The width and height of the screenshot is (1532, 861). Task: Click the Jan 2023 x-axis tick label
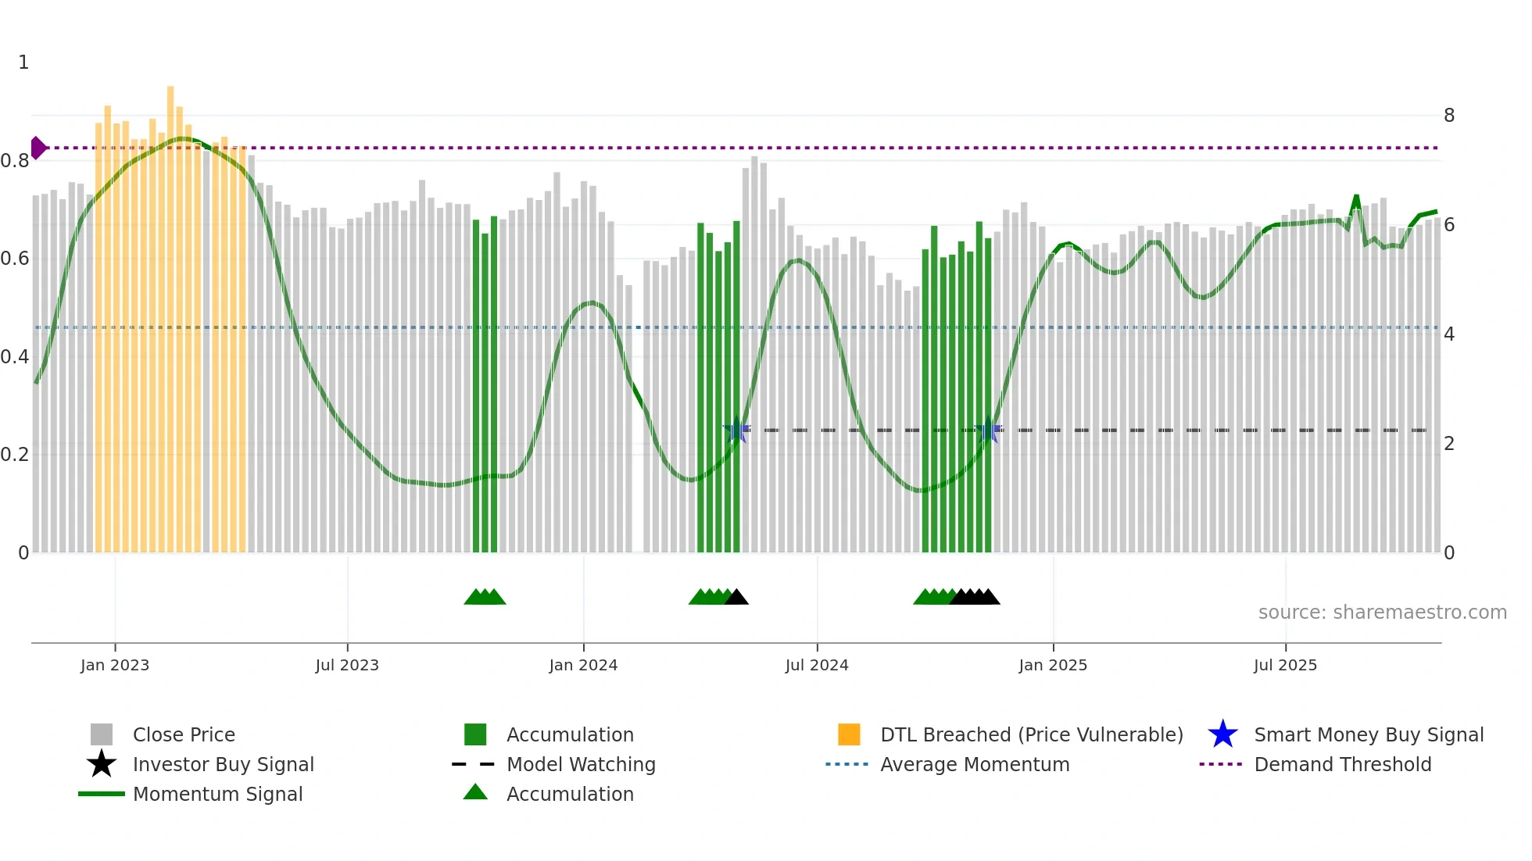[114, 665]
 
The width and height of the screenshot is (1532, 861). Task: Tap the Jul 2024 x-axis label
[816, 665]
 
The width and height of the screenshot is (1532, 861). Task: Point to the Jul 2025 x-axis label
[1285, 665]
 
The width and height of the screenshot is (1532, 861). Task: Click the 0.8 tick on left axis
[15, 161]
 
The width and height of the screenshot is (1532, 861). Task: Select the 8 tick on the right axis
[1448, 116]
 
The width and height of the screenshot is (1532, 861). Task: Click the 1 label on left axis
[23, 63]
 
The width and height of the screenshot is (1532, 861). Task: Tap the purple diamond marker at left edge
[38, 148]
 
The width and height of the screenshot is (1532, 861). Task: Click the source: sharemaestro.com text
[1382, 613]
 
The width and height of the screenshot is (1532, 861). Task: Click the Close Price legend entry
[183, 734]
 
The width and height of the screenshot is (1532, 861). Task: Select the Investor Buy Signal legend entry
[223, 764]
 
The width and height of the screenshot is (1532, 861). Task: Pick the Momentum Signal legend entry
[217, 794]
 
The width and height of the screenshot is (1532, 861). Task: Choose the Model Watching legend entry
[580, 764]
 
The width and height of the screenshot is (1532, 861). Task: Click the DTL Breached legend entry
[1031, 734]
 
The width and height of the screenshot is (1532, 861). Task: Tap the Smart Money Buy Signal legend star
[1222, 734]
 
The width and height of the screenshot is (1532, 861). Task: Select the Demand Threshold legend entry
[1342, 764]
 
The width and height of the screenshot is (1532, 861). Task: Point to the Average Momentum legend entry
[974, 764]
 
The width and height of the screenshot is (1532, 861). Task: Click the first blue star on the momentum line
[736, 430]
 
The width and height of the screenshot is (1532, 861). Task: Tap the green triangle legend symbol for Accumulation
[475, 792]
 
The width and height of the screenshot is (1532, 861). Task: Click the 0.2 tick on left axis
[15, 455]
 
